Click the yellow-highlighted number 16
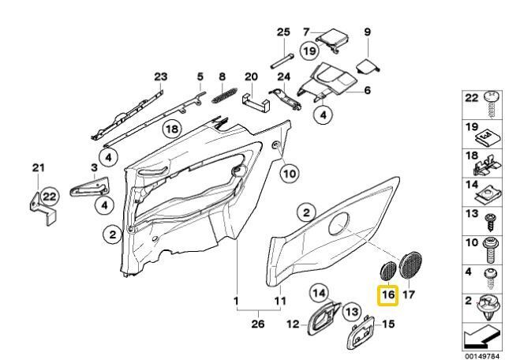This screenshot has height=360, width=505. pos(387,294)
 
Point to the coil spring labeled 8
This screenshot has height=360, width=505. pos(224,96)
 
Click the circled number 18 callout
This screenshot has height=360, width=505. pos(172,129)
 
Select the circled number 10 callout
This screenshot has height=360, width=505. pos(290,174)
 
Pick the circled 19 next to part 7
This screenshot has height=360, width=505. pos(309,51)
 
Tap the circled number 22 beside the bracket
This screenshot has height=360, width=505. pos(49,197)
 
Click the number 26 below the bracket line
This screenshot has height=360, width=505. pos(258,324)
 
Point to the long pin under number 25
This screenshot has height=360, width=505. pos(282,61)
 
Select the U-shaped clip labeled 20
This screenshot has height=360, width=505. pos(255,103)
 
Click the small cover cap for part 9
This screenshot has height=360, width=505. pos(368,67)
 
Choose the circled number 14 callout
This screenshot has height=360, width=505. pos(319,293)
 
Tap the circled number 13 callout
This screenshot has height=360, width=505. pos(352,312)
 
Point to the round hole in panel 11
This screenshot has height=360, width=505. pos(339,223)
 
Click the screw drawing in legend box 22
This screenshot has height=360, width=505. pos(491,104)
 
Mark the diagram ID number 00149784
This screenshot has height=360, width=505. pos(482,356)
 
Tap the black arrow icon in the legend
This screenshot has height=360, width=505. pos(481,337)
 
